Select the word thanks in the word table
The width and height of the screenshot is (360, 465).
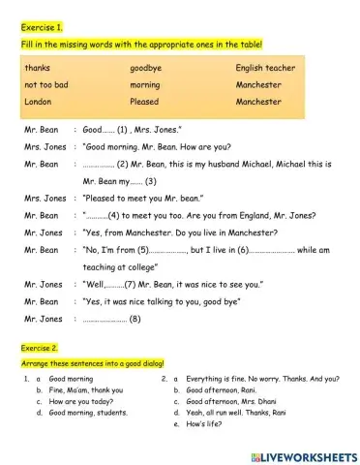point(37,69)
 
